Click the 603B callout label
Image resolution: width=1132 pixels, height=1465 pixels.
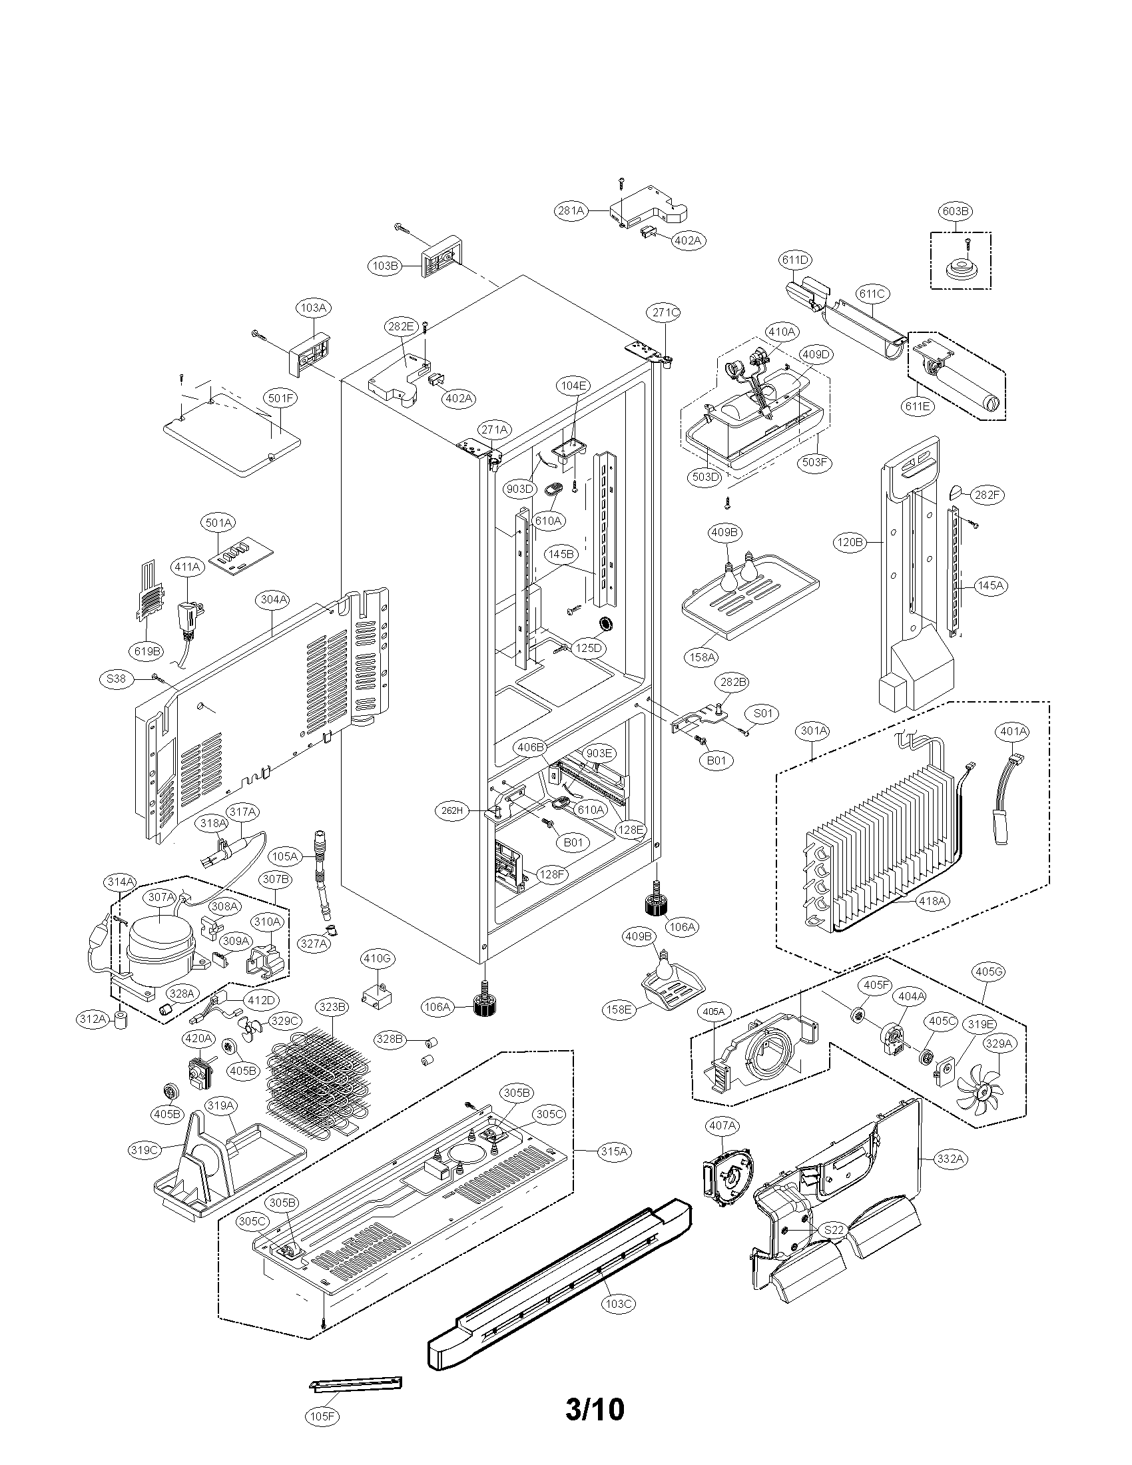click(956, 211)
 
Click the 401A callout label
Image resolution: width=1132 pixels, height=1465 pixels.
click(1013, 731)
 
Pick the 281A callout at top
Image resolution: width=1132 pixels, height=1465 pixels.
click(571, 210)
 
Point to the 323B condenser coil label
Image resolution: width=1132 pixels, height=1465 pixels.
click(333, 1007)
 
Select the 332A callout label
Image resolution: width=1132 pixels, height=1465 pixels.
click(952, 1159)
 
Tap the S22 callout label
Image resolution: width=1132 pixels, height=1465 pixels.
click(834, 1230)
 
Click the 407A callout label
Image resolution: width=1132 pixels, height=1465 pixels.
click(722, 1125)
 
